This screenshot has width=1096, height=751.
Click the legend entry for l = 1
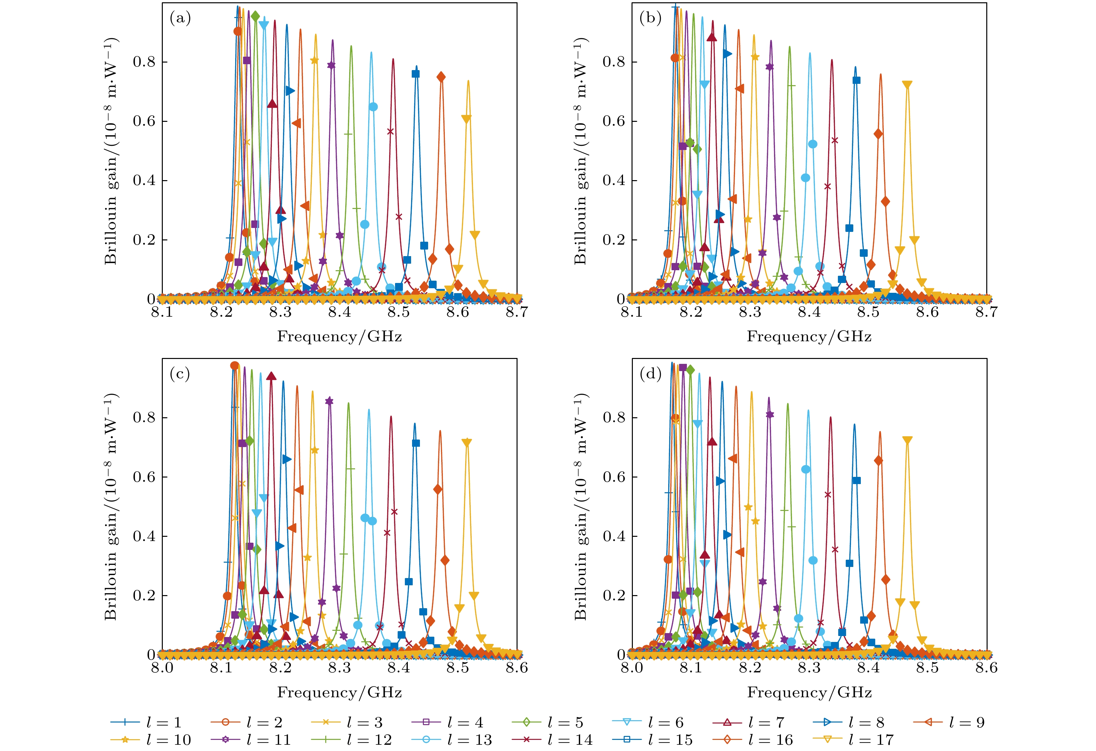click(x=146, y=722)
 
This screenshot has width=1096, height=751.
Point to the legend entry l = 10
click(x=151, y=740)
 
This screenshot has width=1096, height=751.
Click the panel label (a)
click(x=180, y=18)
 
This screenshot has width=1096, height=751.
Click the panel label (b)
click(x=650, y=18)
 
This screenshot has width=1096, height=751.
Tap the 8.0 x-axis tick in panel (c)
click(x=162, y=667)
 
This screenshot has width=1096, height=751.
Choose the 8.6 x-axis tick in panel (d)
click(x=986, y=667)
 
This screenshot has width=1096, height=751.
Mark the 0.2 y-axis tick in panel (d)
click(x=614, y=595)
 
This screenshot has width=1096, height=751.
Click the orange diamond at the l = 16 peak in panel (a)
click(x=441, y=77)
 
